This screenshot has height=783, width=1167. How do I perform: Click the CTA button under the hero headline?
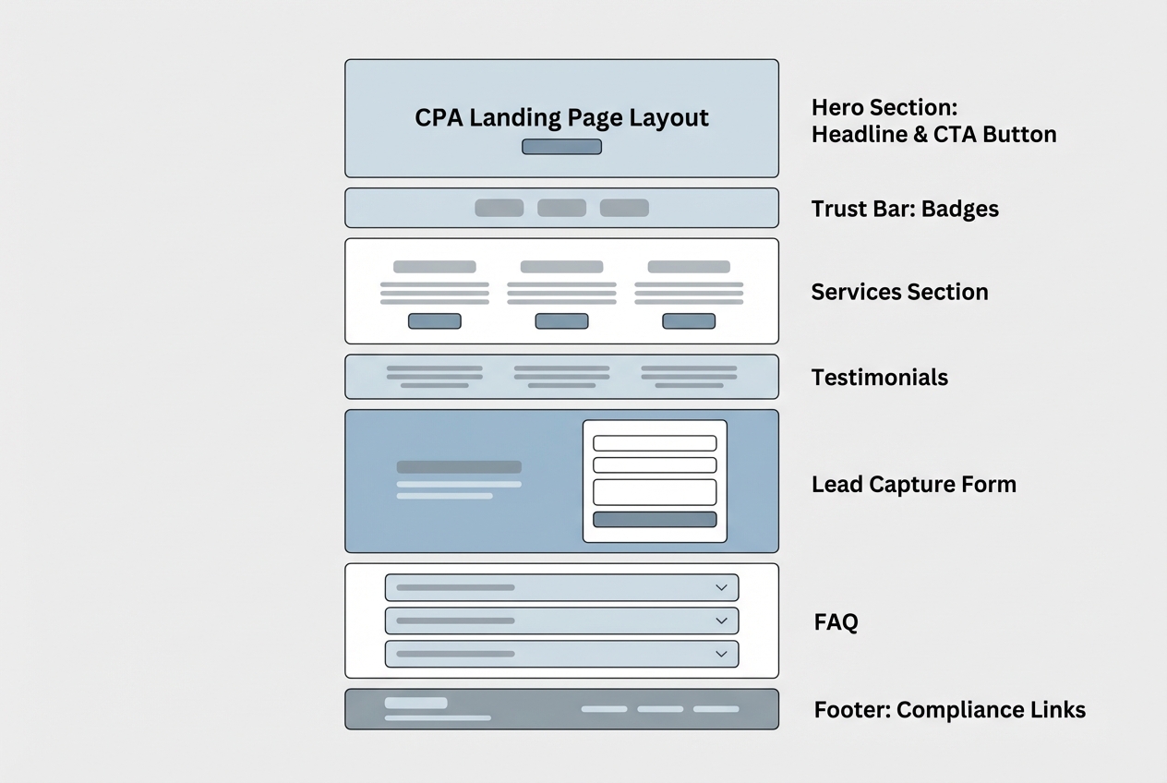(x=561, y=147)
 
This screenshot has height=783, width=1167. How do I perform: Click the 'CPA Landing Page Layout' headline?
(x=561, y=117)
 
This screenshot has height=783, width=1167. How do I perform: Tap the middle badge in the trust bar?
(x=561, y=208)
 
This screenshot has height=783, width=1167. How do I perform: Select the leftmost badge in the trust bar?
(x=499, y=208)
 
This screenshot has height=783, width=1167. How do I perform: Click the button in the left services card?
(x=434, y=321)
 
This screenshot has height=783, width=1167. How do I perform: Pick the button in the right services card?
(x=689, y=321)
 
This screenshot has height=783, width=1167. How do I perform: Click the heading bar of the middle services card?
(x=561, y=267)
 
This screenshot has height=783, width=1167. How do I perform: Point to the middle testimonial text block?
(x=561, y=376)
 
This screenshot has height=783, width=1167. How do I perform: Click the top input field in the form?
(x=655, y=443)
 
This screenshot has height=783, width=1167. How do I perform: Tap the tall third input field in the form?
(x=655, y=491)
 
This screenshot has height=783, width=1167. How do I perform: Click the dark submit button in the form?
(x=655, y=519)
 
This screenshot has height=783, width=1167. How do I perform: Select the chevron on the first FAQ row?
(x=721, y=587)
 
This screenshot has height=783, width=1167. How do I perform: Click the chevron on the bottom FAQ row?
(x=721, y=654)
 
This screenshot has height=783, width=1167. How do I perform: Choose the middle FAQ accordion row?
(x=561, y=620)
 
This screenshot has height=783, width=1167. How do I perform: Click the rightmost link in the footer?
(x=716, y=709)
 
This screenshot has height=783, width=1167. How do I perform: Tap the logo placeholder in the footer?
(x=415, y=703)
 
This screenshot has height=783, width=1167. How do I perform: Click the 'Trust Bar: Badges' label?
(x=905, y=209)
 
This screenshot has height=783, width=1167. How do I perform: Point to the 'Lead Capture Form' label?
(x=913, y=484)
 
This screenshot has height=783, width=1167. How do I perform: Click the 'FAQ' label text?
(x=836, y=622)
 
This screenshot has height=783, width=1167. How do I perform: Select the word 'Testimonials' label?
(x=879, y=377)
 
